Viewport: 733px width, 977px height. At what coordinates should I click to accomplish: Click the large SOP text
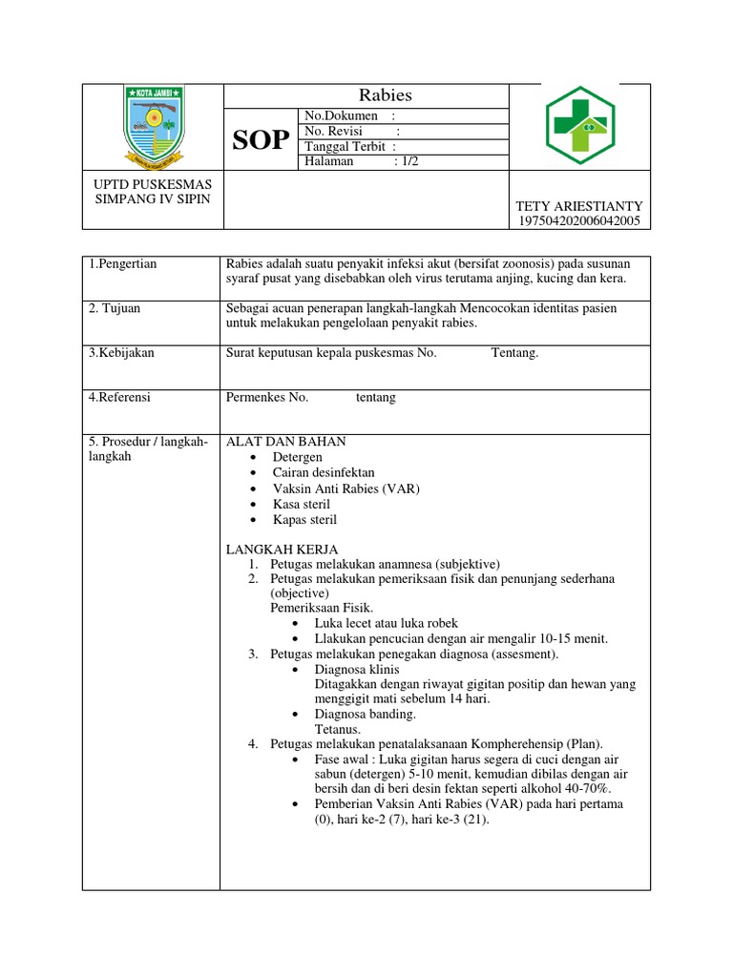coord(262,140)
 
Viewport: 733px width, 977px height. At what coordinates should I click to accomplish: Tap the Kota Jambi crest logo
coord(152,126)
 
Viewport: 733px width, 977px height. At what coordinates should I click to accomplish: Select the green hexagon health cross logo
coord(580,126)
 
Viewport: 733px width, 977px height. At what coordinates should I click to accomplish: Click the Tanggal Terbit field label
coord(344,146)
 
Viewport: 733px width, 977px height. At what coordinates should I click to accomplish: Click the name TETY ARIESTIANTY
coord(579,206)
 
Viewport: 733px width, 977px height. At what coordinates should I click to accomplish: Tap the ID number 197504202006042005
coord(579,221)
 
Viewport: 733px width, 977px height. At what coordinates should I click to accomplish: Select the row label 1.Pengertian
coord(123,264)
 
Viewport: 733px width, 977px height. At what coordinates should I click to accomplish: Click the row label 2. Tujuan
coord(114,308)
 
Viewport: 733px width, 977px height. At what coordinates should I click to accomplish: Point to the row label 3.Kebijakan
coord(121,353)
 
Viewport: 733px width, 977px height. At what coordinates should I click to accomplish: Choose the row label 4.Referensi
coord(120,398)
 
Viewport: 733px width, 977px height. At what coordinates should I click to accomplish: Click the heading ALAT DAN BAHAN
coord(285,442)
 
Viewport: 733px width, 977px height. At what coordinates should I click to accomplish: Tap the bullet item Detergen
coord(298,458)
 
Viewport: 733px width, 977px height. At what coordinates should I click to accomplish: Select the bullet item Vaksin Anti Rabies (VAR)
coord(346,488)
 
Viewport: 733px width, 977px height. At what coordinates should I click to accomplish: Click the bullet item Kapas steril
coord(304,520)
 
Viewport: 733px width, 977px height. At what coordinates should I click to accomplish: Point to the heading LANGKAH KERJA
coord(279,549)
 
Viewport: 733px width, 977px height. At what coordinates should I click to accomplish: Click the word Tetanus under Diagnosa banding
coord(337,729)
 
